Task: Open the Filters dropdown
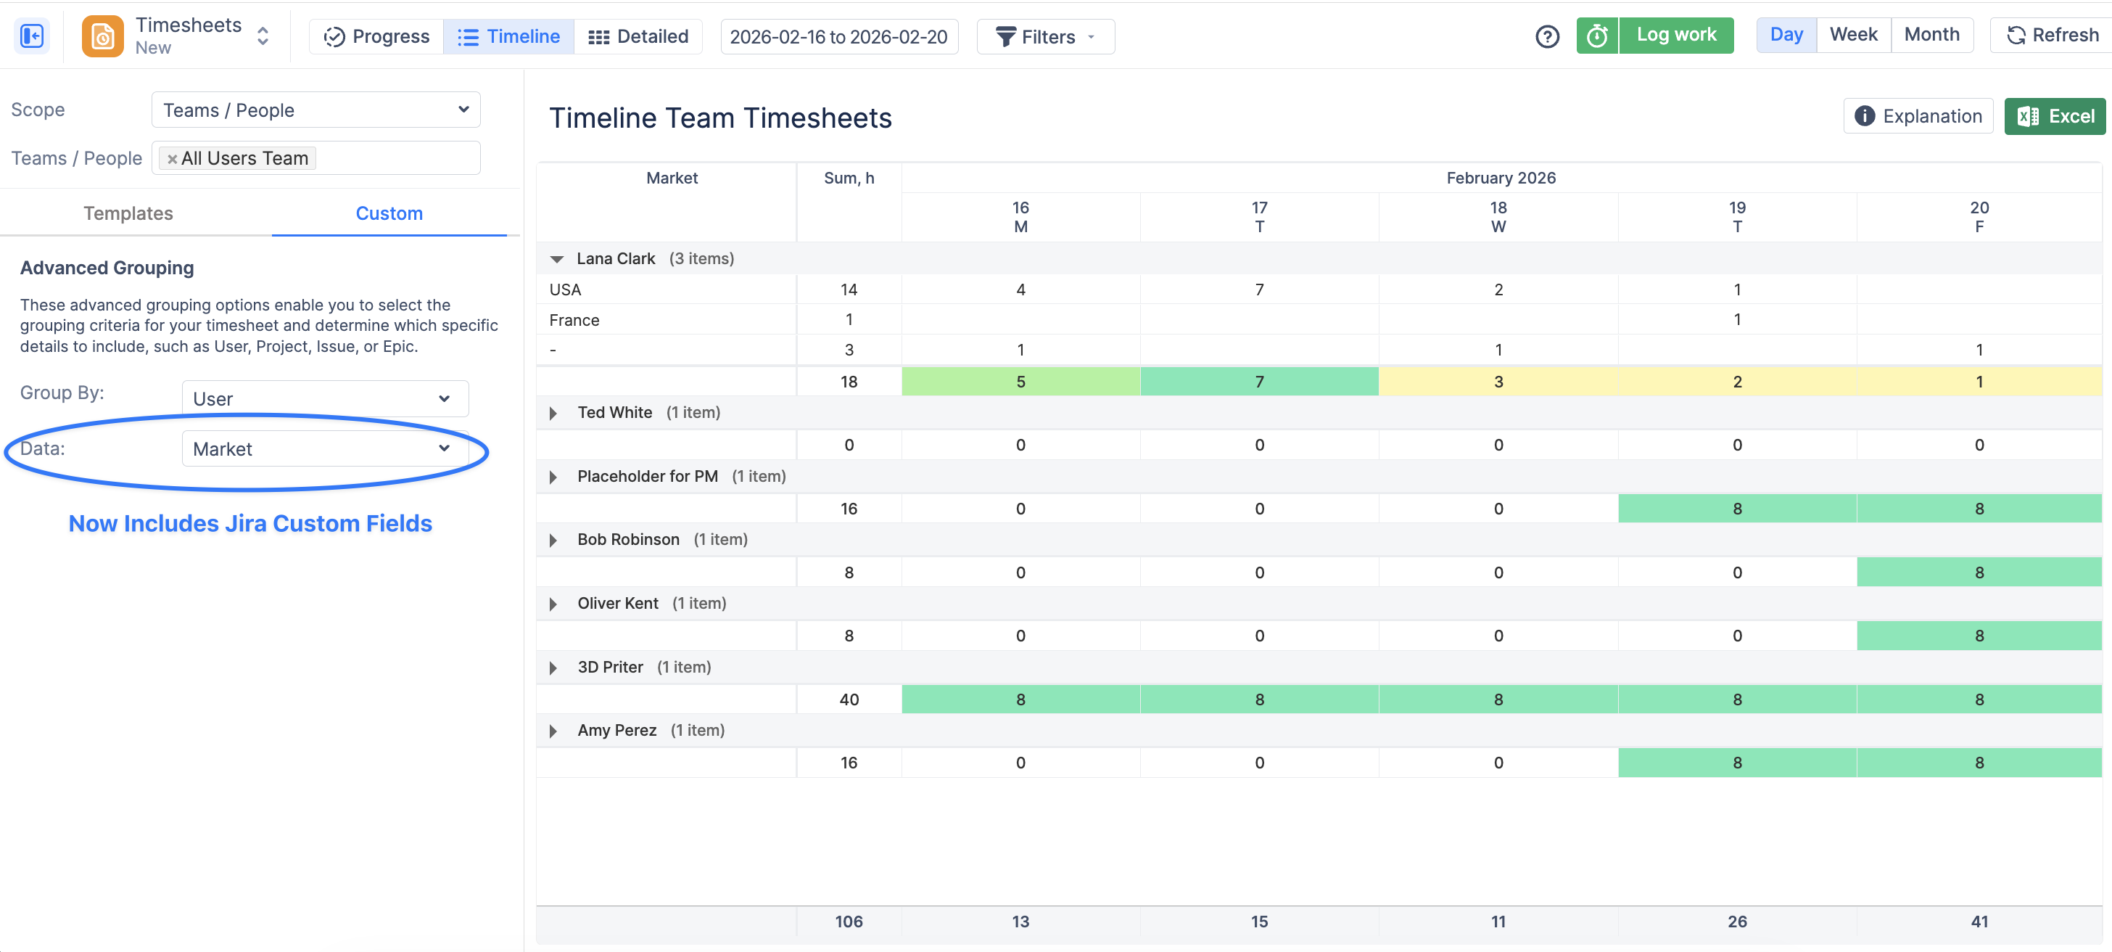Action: (x=1045, y=37)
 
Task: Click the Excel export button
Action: (x=2055, y=116)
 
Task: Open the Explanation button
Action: (x=1918, y=116)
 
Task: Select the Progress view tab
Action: (x=376, y=37)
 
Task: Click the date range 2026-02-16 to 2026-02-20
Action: (x=838, y=37)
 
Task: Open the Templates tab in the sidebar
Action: (x=128, y=213)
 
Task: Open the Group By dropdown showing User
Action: (x=325, y=398)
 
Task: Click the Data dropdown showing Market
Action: (x=325, y=448)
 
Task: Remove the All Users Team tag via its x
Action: (x=172, y=159)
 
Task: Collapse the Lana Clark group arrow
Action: (x=557, y=259)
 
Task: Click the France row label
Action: (x=574, y=320)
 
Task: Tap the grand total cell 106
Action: (x=849, y=921)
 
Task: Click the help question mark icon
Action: (x=1546, y=37)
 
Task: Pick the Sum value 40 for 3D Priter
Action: (x=849, y=699)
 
